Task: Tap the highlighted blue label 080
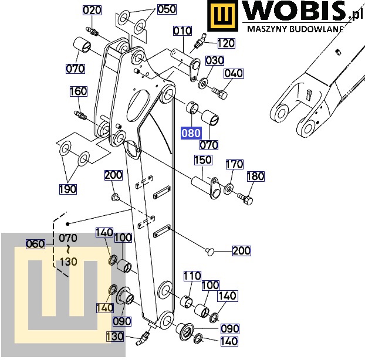[x=191, y=133]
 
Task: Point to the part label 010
[x=182, y=31]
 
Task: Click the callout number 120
[x=226, y=43]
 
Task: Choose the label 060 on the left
[x=35, y=244]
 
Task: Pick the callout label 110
[x=192, y=276]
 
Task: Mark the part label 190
[x=67, y=188]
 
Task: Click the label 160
[x=78, y=91]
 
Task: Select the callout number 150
[x=204, y=161]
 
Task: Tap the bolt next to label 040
[x=221, y=92]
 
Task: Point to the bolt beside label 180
[x=245, y=198]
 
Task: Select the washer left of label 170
[x=228, y=189]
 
